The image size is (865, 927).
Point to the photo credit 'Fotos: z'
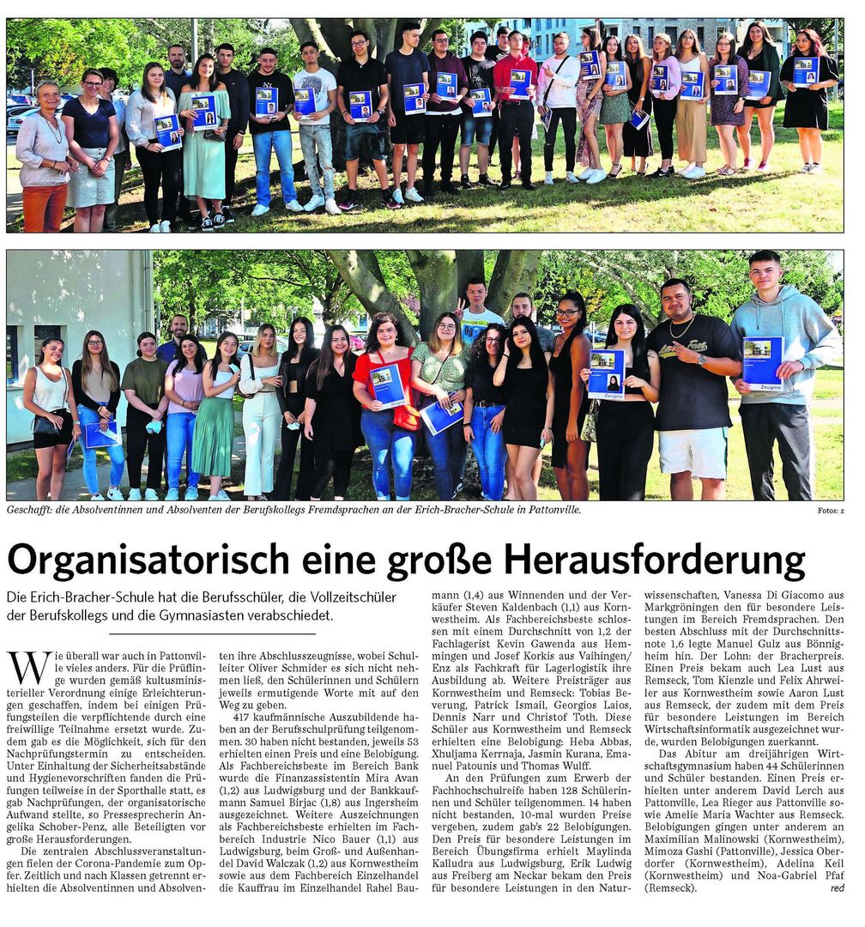tap(831, 511)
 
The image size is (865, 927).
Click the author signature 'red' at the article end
tap(837, 888)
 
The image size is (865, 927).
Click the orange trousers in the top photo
tap(45, 209)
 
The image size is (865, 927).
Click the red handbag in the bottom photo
tap(407, 417)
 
